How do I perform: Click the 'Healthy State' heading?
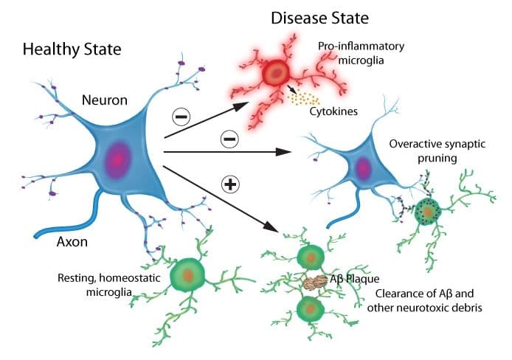click(x=72, y=50)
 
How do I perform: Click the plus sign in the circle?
click(x=231, y=184)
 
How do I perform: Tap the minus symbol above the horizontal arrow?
click(x=229, y=137)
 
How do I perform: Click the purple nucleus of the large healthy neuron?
click(x=117, y=159)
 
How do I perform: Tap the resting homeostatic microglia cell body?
click(x=189, y=275)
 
